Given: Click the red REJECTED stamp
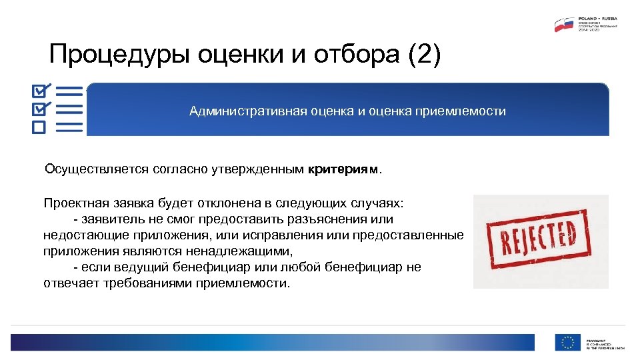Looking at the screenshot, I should (x=541, y=241).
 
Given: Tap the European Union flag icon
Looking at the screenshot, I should (x=567, y=343).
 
